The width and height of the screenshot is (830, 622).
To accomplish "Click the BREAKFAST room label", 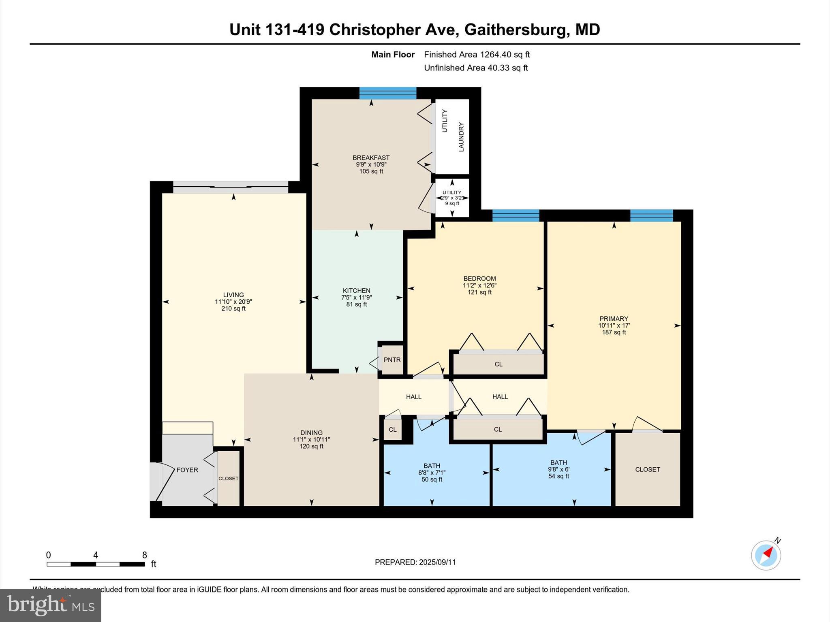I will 371,158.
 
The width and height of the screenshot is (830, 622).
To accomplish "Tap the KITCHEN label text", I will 356,291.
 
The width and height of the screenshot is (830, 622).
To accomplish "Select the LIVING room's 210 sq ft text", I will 233,309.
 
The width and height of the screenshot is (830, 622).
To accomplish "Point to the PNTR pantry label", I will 392,360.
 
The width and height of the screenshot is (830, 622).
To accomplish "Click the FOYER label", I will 187,470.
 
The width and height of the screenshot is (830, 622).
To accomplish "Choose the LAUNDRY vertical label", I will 461,137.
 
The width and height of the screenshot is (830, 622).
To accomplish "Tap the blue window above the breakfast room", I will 388,93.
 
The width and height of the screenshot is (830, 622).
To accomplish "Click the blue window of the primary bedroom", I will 651,215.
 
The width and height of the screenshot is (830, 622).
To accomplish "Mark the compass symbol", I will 766,555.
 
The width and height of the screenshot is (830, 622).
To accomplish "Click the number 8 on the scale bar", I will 144,555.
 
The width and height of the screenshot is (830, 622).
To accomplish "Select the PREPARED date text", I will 415,562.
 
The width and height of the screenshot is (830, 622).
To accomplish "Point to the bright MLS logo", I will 51,605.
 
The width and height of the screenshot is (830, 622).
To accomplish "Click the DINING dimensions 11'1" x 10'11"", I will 311,439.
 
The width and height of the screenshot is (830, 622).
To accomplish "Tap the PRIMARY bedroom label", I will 614,319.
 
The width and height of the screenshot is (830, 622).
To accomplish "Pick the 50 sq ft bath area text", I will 432,479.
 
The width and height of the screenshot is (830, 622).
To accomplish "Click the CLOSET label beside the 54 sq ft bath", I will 647,469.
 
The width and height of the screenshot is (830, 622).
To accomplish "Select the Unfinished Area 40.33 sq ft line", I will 476,68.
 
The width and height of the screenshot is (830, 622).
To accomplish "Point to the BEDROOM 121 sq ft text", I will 479,292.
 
